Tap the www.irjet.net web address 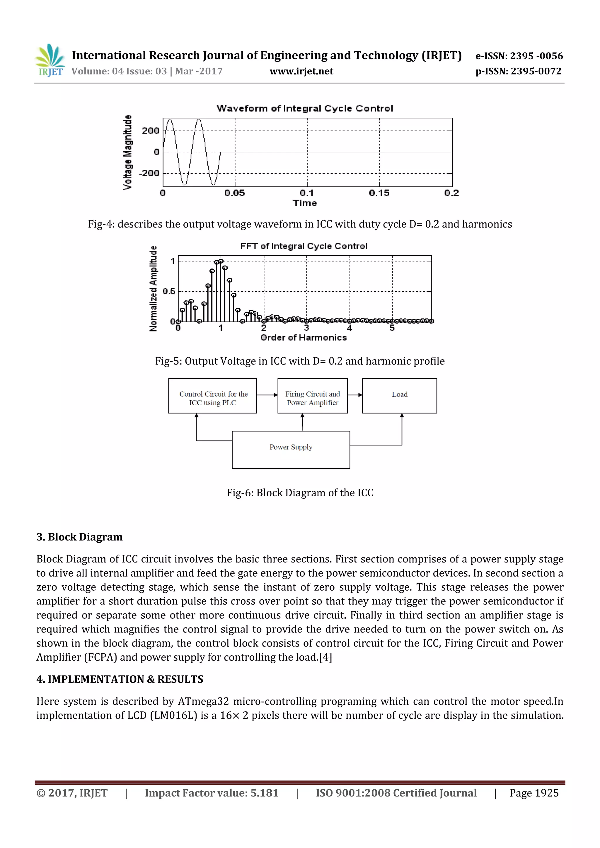click(301, 71)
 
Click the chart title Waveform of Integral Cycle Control click(304, 109)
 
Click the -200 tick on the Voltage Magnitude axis click(149, 173)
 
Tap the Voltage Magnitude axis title click(127, 152)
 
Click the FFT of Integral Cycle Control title click(304, 246)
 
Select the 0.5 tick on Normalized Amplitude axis click(169, 291)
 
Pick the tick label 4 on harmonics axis click(350, 328)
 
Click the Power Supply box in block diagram click(291, 449)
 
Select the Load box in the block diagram click(399, 396)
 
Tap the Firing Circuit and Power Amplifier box click(313, 396)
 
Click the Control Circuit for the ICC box click(212, 396)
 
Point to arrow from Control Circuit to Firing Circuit click(267, 395)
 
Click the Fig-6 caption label click(300, 493)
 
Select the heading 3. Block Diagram click(79, 537)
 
